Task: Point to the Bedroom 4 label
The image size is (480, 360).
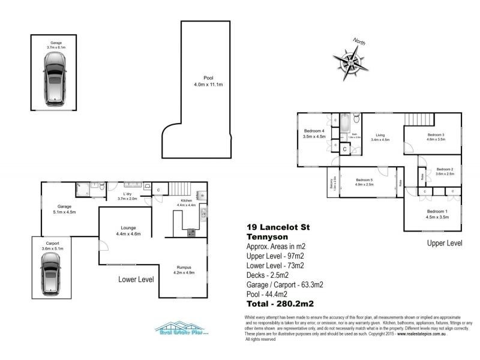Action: tap(314, 133)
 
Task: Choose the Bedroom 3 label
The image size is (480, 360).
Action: tap(435, 136)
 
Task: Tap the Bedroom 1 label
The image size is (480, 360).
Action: tap(437, 214)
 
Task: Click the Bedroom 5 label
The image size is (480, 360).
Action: tap(364, 182)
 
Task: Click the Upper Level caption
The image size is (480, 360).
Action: tap(444, 243)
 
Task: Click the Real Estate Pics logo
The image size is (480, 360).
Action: tap(181, 329)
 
